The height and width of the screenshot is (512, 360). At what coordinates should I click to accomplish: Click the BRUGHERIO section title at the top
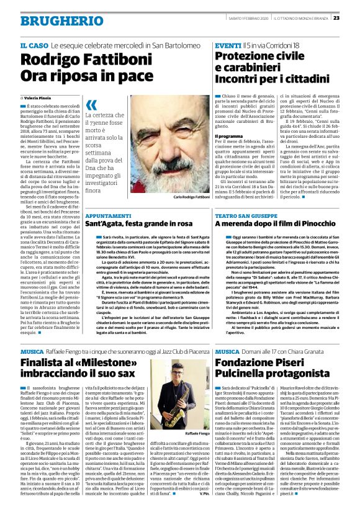point(53,20)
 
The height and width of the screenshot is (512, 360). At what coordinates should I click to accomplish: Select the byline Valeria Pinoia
point(38,98)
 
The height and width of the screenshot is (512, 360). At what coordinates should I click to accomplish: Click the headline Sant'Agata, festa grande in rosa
point(138,223)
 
